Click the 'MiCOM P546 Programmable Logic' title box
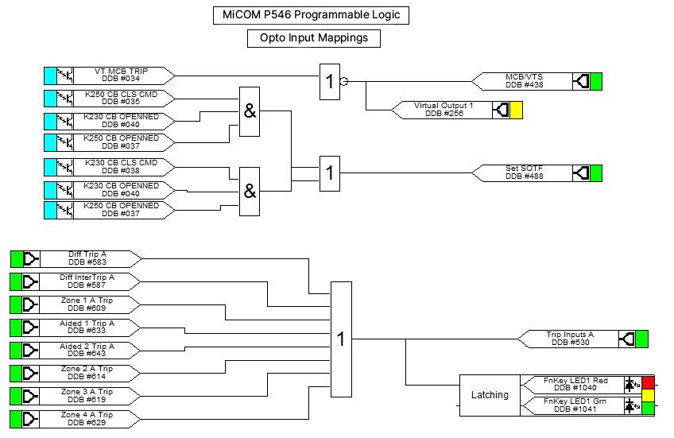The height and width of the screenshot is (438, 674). (x=311, y=15)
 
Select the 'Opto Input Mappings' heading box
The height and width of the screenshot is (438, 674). (x=314, y=38)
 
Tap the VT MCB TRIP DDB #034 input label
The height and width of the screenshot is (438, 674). (x=122, y=76)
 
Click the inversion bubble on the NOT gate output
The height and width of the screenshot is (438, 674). (x=344, y=81)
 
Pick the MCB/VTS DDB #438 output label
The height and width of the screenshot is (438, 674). (x=524, y=81)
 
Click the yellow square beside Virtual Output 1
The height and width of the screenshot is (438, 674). (x=517, y=110)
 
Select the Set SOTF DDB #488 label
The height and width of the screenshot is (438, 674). (x=524, y=172)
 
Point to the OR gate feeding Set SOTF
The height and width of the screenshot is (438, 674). (x=330, y=173)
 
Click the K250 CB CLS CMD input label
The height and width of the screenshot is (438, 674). (x=122, y=98)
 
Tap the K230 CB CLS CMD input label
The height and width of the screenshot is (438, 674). (x=122, y=167)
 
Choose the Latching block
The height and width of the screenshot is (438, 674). (x=490, y=395)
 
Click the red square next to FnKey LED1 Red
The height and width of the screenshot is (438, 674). (x=649, y=382)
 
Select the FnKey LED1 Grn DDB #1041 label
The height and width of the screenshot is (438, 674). (x=575, y=405)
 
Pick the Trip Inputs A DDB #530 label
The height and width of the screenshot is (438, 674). (x=570, y=339)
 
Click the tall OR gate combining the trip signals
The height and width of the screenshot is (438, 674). (x=341, y=339)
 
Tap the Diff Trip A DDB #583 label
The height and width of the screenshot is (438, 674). (x=87, y=259)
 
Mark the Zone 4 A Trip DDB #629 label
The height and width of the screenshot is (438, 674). (x=87, y=419)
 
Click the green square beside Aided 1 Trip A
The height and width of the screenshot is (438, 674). (x=17, y=328)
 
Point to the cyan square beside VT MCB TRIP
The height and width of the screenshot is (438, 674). (x=50, y=76)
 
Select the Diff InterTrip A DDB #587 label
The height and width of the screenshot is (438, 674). (x=87, y=281)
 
